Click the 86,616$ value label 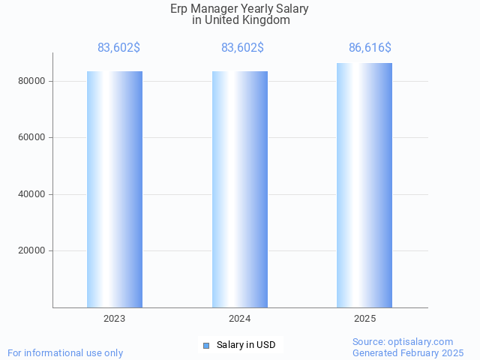pyautogui.click(x=370, y=48)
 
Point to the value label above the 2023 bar pyautogui.click(x=118, y=48)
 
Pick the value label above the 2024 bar pyautogui.click(x=242, y=48)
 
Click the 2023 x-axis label pyautogui.click(x=115, y=319)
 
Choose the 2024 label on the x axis pyautogui.click(x=240, y=319)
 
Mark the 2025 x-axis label pyautogui.click(x=364, y=319)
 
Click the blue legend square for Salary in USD pyautogui.click(x=206, y=345)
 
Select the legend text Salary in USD pyautogui.click(x=246, y=345)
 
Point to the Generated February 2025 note pyautogui.click(x=408, y=352)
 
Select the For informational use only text pyautogui.click(x=65, y=352)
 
